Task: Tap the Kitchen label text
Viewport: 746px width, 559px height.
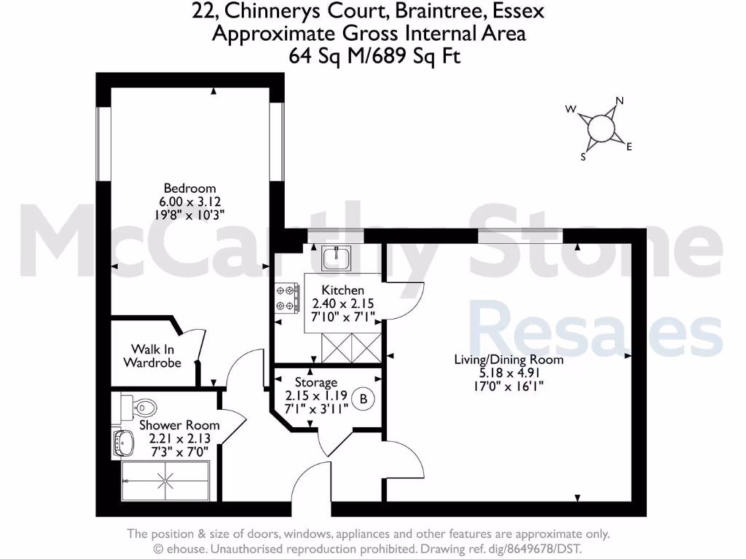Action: coord(343,290)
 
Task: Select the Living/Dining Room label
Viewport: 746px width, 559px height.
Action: coord(509,359)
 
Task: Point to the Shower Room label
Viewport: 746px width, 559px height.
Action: coord(179,425)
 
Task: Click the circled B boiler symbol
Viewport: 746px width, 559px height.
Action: coord(363,398)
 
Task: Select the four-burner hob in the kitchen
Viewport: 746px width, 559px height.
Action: coord(286,298)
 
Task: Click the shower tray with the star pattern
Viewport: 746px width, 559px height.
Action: coord(168,480)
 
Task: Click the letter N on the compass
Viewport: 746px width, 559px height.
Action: coord(620,101)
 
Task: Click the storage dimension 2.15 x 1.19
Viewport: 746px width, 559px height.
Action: coord(316,396)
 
